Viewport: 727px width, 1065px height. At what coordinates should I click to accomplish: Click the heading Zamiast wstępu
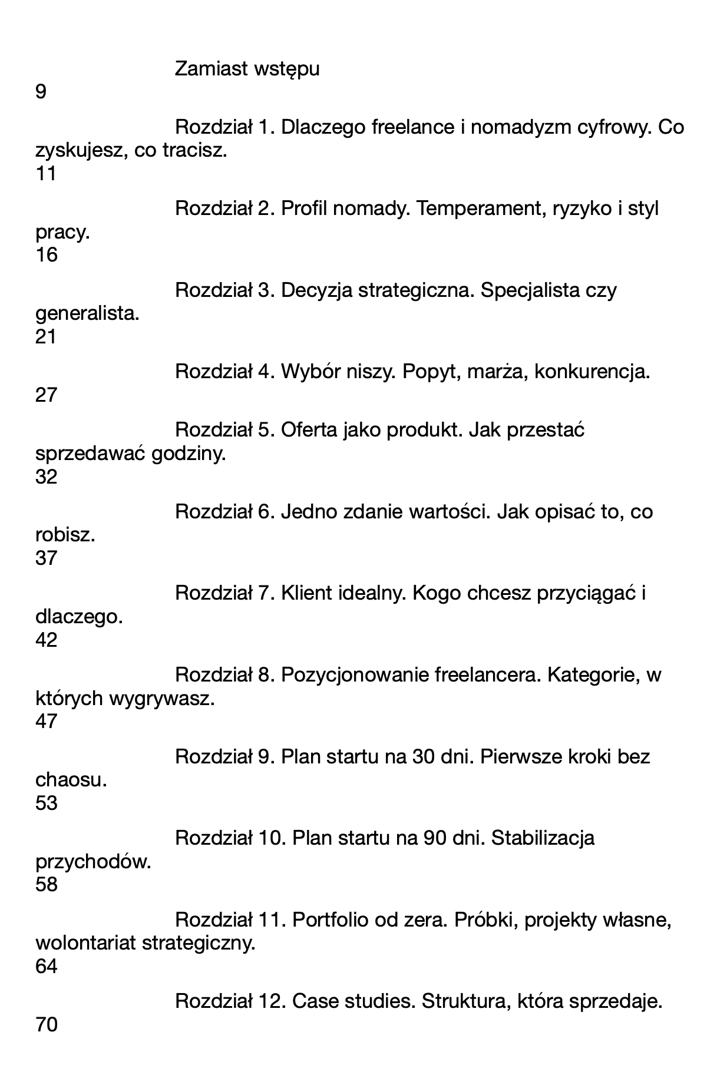(x=247, y=70)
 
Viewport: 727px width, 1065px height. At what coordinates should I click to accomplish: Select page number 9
(x=41, y=92)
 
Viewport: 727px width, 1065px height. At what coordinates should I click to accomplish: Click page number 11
(x=45, y=174)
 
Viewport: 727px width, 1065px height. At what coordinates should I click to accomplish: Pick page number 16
(x=47, y=256)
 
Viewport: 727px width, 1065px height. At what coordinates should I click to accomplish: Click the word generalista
(x=87, y=314)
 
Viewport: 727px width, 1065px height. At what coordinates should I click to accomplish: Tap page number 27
(x=47, y=395)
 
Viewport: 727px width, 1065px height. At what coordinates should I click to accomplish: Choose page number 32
(x=47, y=477)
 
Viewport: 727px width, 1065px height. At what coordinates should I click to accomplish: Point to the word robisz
(x=65, y=536)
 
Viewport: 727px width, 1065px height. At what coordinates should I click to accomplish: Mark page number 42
(x=47, y=640)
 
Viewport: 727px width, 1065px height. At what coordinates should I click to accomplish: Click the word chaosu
(x=71, y=780)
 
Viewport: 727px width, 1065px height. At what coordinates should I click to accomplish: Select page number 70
(x=47, y=1026)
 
